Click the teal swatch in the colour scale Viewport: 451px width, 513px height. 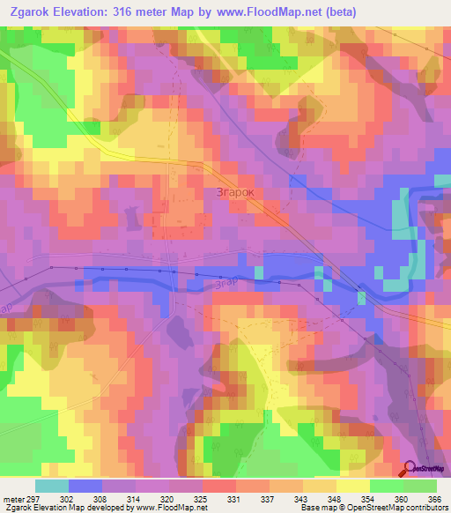(51, 486)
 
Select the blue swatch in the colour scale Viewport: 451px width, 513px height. (85, 486)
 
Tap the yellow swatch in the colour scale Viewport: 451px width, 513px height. (352, 486)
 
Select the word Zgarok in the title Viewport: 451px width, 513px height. (33, 12)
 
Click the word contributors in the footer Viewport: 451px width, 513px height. (426, 509)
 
